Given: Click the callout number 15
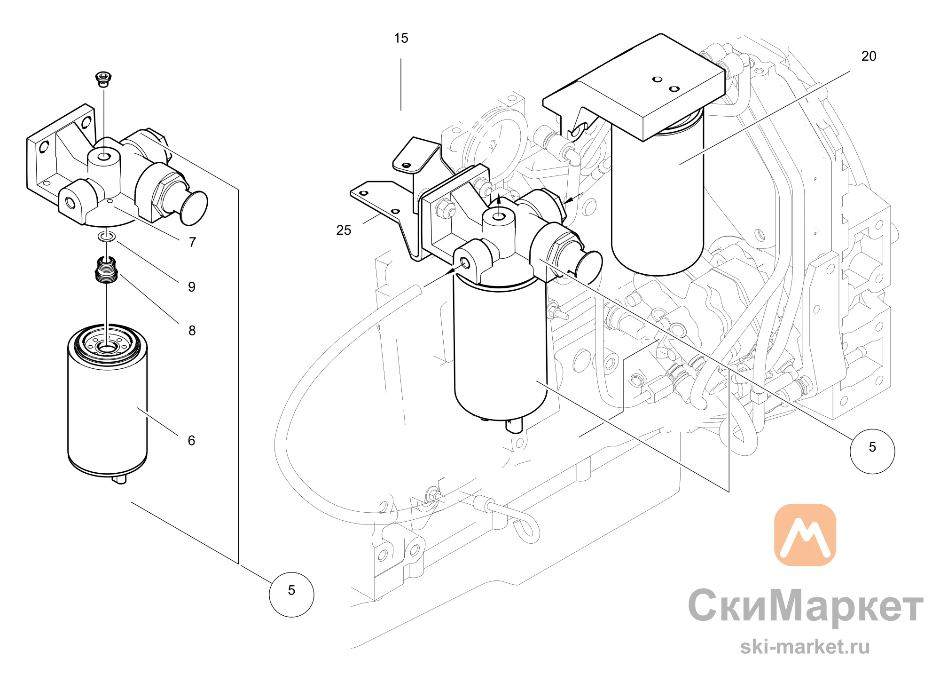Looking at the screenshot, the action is coord(401,38).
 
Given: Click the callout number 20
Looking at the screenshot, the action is coord(869,56).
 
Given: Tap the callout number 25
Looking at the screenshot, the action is coord(344,230).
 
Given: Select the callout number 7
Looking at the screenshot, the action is coord(192,242).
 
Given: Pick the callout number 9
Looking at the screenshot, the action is coord(192,287).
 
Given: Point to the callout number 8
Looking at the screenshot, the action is coord(192,331).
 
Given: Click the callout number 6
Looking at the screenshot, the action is coord(191,441).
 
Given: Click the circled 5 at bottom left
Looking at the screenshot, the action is coord(291,594).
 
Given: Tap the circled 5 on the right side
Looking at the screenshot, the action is coord(872,451).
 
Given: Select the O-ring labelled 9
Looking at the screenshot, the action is coord(107,236).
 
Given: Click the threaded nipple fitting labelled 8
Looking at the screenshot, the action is coord(106,270).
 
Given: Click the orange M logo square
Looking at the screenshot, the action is coord(805,535).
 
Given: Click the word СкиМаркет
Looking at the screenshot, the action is coord(806,606).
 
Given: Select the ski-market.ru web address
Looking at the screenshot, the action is coord(805,647).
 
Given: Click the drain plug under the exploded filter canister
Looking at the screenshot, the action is coord(120,479).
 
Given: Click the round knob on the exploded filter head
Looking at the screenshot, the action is coord(194,207).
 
